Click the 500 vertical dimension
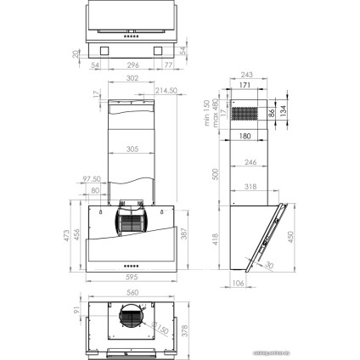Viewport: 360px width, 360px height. pyautogui.click(x=217, y=173)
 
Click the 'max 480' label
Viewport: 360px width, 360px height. pyautogui.click(x=216, y=110)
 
